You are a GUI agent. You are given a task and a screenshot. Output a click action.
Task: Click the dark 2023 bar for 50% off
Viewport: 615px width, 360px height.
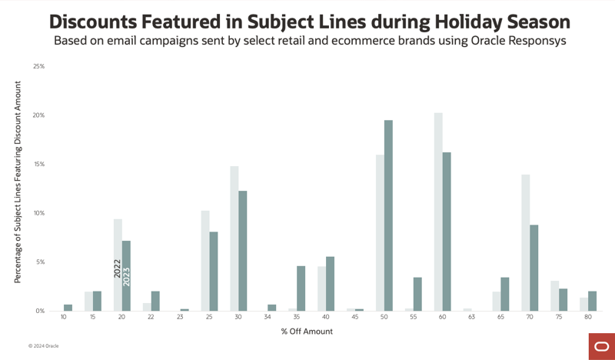click(388, 215)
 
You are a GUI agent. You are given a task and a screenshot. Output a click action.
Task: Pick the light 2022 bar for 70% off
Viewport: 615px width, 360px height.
click(526, 242)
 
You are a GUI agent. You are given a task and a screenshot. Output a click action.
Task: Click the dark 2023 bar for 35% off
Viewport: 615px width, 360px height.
click(301, 288)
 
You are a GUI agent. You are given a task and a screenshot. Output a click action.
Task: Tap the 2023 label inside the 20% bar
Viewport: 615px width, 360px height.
click(127, 275)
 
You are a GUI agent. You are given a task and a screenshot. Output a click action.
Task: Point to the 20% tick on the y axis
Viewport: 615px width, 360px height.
click(38, 115)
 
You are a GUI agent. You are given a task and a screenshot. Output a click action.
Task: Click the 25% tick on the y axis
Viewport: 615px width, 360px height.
click(38, 67)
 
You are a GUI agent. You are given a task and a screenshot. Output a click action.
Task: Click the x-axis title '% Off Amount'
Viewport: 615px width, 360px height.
click(307, 332)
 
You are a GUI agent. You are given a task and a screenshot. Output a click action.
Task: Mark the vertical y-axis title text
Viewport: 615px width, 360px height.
click(18, 189)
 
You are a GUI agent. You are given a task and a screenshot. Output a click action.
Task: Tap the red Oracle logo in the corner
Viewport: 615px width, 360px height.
click(600, 346)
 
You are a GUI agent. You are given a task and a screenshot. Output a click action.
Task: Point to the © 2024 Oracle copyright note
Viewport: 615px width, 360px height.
click(43, 346)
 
